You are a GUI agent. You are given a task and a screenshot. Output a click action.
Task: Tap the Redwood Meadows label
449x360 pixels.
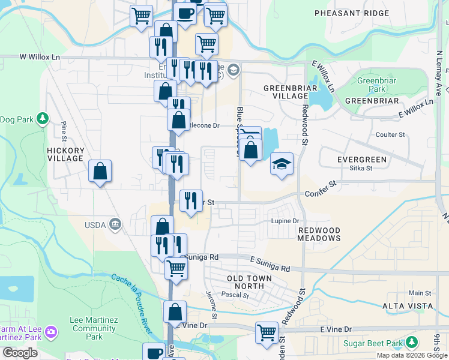point(319,234)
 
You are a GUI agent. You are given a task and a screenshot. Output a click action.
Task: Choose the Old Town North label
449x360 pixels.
point(249,282)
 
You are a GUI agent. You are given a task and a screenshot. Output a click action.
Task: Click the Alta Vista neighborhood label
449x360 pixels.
point(408,306)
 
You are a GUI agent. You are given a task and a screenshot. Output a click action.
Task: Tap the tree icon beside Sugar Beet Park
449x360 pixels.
point(411,343)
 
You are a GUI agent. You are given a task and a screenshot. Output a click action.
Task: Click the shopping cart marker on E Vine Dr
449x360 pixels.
point(267,332)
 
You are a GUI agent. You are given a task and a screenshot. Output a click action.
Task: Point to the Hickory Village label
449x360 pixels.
point(65,154)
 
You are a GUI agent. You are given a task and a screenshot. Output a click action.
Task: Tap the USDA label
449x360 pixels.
point(95,225)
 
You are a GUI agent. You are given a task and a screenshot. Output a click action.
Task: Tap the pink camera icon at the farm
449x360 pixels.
point(52,331)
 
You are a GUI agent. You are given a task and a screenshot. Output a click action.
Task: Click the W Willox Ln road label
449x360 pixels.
point(40,57)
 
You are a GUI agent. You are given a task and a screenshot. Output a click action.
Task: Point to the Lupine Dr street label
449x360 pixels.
point(285,221)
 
